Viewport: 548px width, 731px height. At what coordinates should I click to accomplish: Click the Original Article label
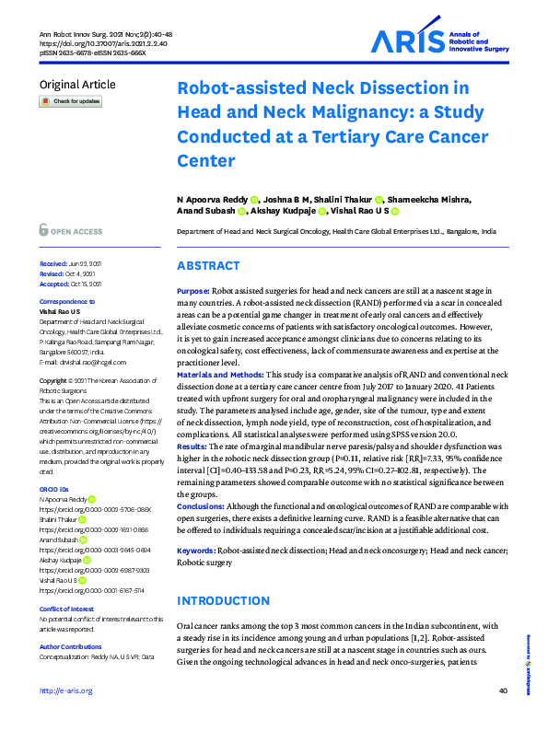(77, 85)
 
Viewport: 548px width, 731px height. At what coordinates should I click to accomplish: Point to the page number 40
(502, 716)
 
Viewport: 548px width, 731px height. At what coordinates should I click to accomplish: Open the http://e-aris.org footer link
(66, 716)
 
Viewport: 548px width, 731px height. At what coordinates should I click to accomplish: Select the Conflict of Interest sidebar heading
(69, 609)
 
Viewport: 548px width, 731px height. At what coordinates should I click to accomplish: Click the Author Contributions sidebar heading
(71, 647)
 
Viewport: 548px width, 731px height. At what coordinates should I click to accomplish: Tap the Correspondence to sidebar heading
(65, 303)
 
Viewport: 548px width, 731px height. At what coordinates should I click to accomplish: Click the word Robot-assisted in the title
(241, 89)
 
